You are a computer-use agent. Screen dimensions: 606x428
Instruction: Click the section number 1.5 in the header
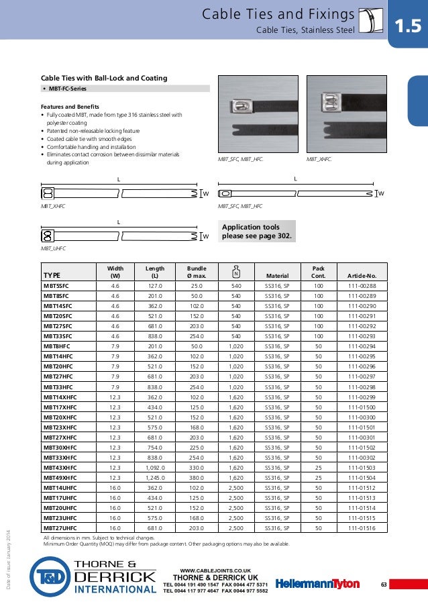[407, 26]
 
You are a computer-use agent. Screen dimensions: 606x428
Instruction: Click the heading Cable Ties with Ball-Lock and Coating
[104, 79]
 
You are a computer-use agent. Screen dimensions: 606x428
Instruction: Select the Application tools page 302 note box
[256, 231]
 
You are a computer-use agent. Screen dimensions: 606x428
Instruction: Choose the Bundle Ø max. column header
[197, 272]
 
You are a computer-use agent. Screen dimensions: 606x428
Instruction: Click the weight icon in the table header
[235, 272]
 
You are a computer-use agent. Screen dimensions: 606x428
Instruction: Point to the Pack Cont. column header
[319, 272]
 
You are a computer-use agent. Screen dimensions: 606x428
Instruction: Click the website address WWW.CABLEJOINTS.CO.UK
[215, 568]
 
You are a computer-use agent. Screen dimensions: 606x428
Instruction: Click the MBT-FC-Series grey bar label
[67, 89]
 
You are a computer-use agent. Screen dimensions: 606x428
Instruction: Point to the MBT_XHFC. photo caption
[319, 160]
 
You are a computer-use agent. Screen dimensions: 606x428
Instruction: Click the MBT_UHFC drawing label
[56, 248]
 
